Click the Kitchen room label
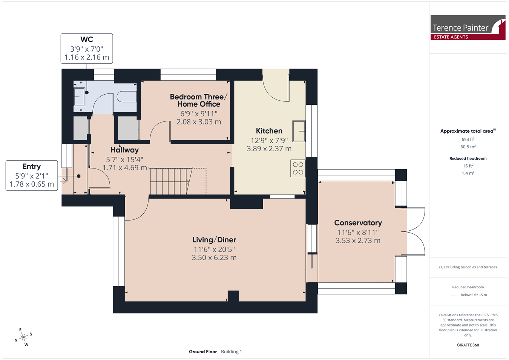click(x=269, y=131)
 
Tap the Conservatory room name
click(x=358, y=223)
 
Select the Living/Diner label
click(x=214, y=240)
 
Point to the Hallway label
click(x=124, y=150)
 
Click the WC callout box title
click(x=87, y=39)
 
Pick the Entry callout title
click(x=32, y=167)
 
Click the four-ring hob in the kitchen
click(x=298, y=168)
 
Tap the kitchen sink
click(x=299, y=131)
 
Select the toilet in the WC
click(x=127, y=97)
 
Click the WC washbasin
click(x=79, y=97)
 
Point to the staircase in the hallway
click(x=171, y=181)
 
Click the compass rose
click(x=23, y=337)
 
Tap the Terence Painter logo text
click(x=460, y=28)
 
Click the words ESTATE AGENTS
click(x=451, y=37)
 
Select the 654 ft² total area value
click(x=468, y=139)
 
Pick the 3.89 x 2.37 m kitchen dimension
click(x=269, y=149)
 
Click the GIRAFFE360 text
click(x=468, y=345)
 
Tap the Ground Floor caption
click(x=203, y=352)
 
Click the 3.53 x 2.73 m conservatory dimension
click(x=358, y=241)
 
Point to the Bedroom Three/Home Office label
click(x=199, y=100)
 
